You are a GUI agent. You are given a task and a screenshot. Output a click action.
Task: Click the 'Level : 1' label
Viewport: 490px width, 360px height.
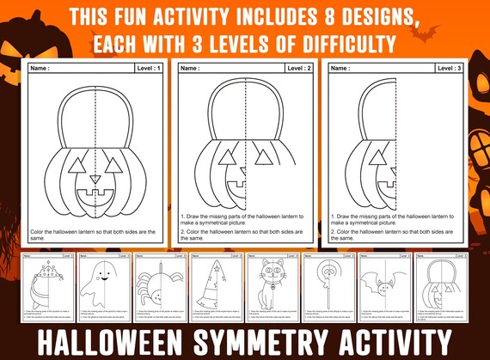click(148, 68)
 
